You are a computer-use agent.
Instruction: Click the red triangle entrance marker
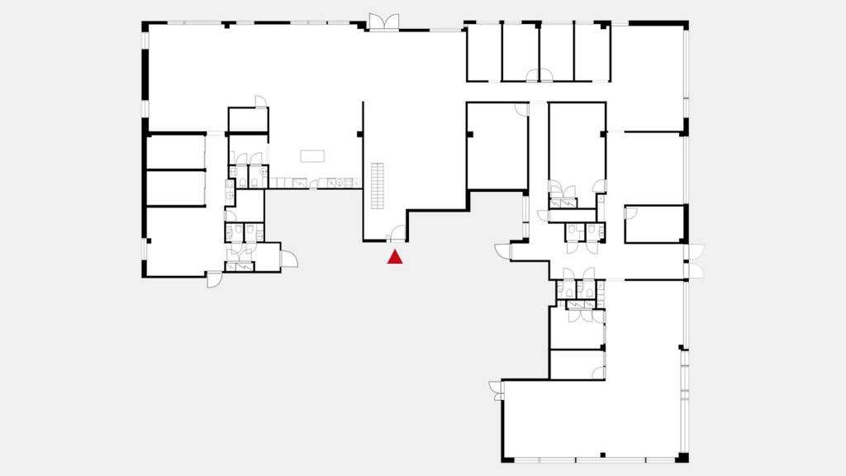coord(396,257)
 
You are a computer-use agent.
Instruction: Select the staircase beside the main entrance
coord(379,186)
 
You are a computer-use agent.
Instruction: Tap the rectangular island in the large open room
coord(312,156)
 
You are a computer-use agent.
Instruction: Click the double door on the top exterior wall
coord(383,22)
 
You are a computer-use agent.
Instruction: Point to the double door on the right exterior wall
coord(696,261)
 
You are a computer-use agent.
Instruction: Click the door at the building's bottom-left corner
coord(214,279)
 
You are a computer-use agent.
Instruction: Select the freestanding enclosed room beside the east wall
coord(654,224)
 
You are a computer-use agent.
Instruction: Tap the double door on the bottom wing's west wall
coord(496,389)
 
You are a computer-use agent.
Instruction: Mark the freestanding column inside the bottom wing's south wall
coord(603,454)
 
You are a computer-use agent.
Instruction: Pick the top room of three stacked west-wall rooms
coord(175,151)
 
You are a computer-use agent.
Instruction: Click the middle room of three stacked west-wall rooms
coord(175,188)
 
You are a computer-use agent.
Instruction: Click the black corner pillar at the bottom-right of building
coord(682,458)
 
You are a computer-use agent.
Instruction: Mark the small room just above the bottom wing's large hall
coord(577,364)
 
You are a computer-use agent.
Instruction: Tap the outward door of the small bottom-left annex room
coord(288,259)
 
